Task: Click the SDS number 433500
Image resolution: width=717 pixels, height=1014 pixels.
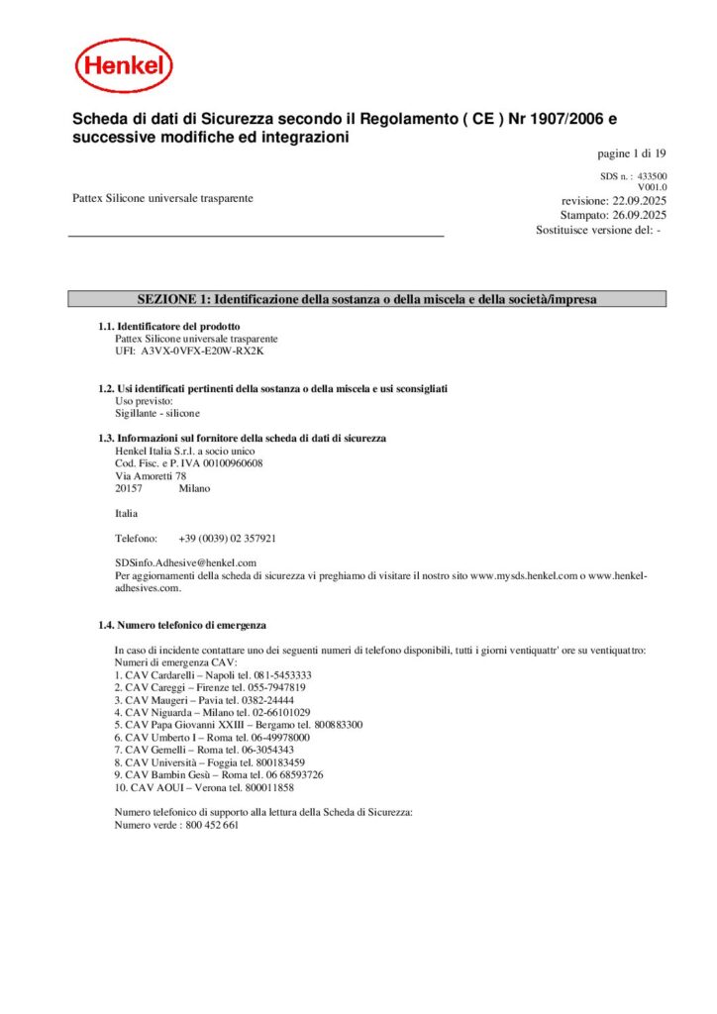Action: [651, 176]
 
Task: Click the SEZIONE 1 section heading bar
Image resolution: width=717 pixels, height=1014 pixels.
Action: [366, 299]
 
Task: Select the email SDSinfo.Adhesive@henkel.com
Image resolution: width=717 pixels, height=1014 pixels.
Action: [186, 562]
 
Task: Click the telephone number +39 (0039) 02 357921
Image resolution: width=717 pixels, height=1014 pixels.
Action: [227, 539]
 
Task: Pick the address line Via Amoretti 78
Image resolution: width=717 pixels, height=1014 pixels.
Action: [151, 475]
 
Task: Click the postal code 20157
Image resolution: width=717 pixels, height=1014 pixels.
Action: [129, 488]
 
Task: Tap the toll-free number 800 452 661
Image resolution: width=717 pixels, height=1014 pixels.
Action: [211, 825]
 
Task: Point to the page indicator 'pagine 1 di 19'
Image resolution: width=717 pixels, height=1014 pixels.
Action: [632, 153]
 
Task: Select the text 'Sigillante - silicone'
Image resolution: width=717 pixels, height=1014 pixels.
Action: [157, 413]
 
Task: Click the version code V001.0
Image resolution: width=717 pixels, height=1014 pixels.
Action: [652, 187]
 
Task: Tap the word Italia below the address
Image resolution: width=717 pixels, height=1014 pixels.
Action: [127, 513]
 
